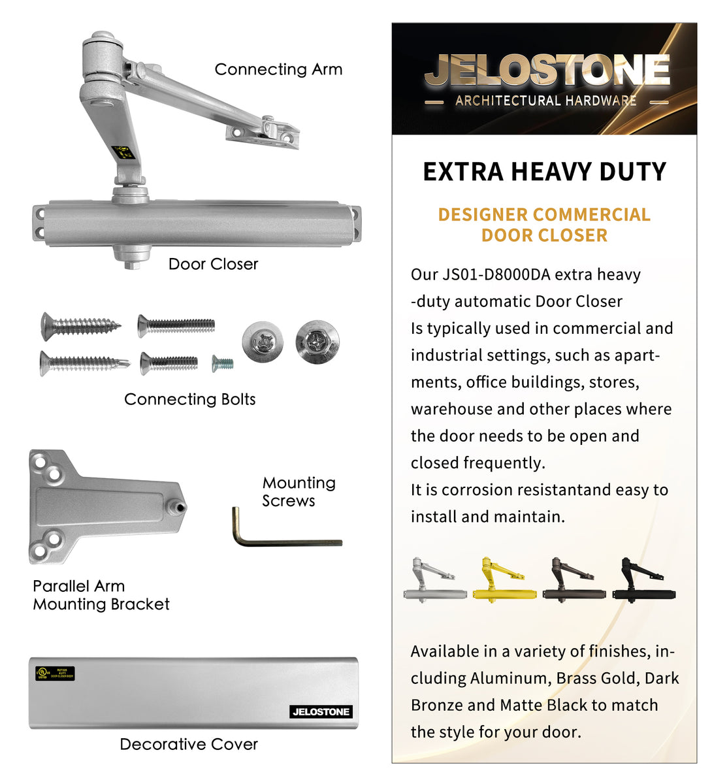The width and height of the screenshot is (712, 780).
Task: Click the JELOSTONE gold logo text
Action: (x=547, y=71)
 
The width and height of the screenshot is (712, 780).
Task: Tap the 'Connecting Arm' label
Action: (x=278, y=69)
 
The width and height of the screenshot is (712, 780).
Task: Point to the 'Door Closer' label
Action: (x=213, y=264)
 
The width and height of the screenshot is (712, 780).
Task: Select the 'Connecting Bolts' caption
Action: (x=189, y=399)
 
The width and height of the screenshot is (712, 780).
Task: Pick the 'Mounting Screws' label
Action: (x=299, y=492)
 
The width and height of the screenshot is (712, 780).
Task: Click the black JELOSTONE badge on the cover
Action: (x=321, y=711)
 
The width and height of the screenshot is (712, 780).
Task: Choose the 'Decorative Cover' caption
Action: (x=189, y=744)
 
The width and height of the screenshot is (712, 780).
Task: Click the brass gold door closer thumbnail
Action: (x=503, y=579)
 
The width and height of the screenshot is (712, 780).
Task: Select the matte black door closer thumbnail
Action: (x=644, y=579)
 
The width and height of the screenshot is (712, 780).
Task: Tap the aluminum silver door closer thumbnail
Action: (x=434, y=579)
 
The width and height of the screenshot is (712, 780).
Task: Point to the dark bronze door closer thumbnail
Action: (x=574, y=579)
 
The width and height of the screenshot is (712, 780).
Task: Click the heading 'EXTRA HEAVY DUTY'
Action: (x=544, y=172)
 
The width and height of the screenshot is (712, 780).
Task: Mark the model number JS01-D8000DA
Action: (x=496, y=274)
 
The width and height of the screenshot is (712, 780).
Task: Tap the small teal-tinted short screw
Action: (x=222, y=363)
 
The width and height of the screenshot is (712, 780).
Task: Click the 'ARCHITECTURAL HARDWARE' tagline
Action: (x=545, y=101)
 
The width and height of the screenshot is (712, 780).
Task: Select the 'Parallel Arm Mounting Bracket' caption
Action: (x=101, y=595)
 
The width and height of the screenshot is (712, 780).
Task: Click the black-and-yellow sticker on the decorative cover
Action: (x=56, y=673)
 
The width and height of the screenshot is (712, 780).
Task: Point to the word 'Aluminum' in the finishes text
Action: (x=510, y=678)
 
